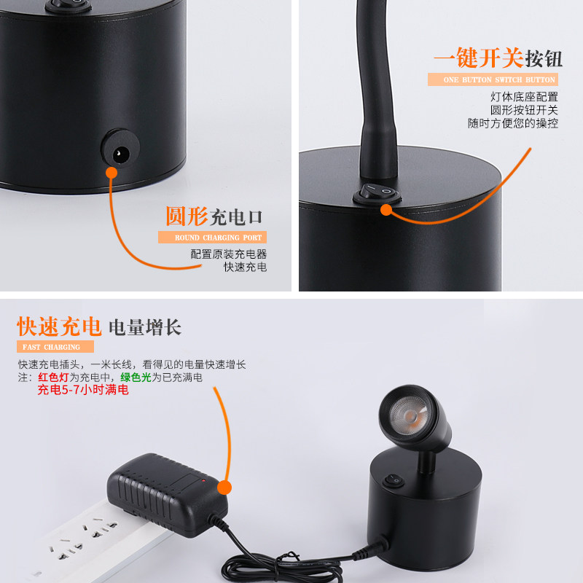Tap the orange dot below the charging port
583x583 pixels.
pyautogui.click(x=111, y=173)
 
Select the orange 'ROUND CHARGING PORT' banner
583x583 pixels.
pyautogui.click(x=212, y=238)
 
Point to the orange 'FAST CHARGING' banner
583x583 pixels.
pyautogui.click(x=55, y=347)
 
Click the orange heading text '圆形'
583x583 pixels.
pyautogui.click(x=186, y=216)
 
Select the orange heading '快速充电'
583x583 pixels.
pyautogui.click(x=59, y=326)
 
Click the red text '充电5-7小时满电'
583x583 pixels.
pyautogui.click(x=83, y=391)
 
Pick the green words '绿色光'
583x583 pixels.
pyautogui.click(x=136, y=377)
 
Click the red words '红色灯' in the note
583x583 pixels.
pyautogui.click(x=53, y=377)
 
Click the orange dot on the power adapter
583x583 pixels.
pyautogui.click(x=224, y=486)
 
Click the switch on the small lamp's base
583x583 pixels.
pyautogui.click(x=394, y=481)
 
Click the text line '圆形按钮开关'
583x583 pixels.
pyautogui.click(x=524, y=110)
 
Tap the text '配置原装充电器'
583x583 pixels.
pyautogui.click(x=229, y=254)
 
